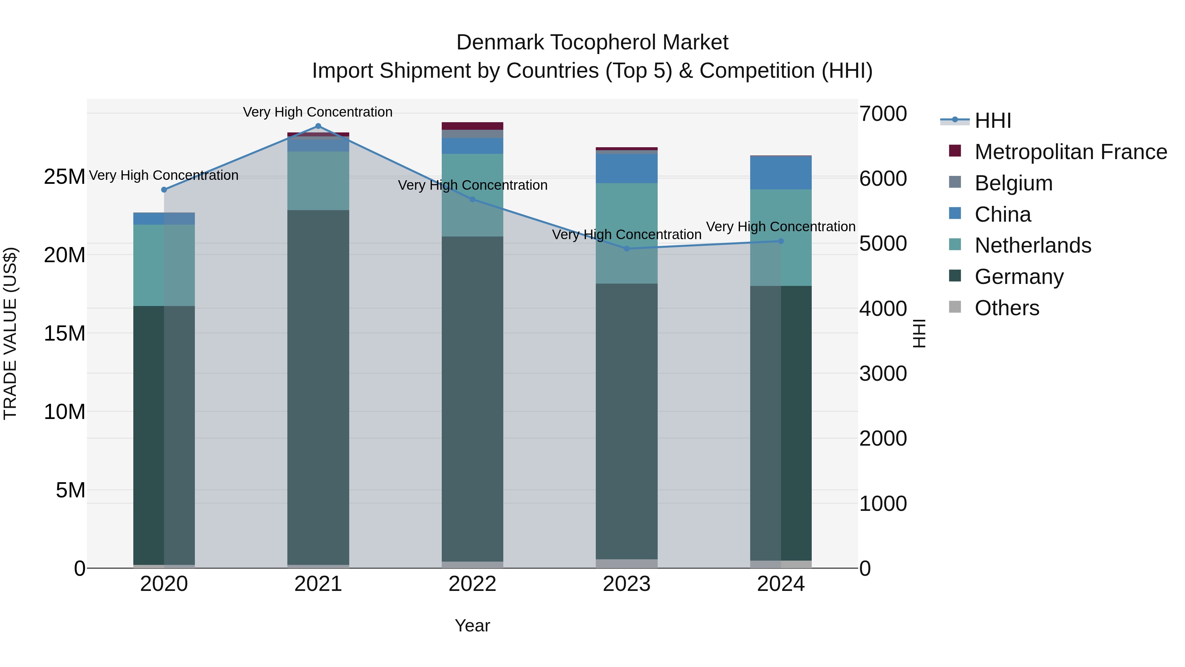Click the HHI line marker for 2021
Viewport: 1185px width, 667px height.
(318, 126)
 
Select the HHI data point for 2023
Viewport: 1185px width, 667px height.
(626, 249)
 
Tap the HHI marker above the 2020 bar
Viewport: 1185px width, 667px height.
(164, 190)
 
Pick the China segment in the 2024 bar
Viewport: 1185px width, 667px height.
(781, 173)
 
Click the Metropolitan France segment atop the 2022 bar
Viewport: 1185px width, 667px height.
(472, 126)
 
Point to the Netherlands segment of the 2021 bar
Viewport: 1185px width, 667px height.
(318, 181)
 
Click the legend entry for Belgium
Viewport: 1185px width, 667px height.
(1014, 183)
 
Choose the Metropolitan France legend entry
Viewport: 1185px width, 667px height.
(1070, 152)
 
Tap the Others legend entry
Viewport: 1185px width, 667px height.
(1007, 308)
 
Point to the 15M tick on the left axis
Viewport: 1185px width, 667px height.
(65, 333)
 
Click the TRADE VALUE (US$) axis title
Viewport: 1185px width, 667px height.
(10, 333)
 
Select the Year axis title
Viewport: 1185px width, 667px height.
(472, 625)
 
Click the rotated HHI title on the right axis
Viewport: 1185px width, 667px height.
(919, 333)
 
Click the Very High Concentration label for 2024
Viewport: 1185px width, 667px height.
(781, 227)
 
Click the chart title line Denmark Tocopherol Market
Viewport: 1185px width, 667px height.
(592, 42)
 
